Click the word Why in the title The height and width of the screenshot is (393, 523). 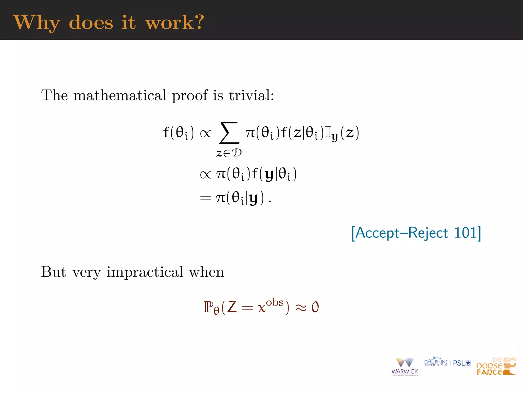(36, 23)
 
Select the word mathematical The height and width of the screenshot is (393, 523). (120, 95)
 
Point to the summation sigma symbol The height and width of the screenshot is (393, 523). (229, 133)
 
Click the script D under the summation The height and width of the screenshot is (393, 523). (236, 153)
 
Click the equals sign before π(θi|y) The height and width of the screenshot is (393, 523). (205, 198)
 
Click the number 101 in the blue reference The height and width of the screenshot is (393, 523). (465, 233)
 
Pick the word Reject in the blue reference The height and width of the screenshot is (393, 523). (428, 233)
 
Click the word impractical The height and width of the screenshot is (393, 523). (145, 272)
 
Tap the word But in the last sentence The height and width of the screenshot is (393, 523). (54, 272)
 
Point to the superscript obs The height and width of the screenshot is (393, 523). (275, 302)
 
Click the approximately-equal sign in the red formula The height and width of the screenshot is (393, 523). (301, 308)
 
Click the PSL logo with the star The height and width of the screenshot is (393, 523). (462, 363)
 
